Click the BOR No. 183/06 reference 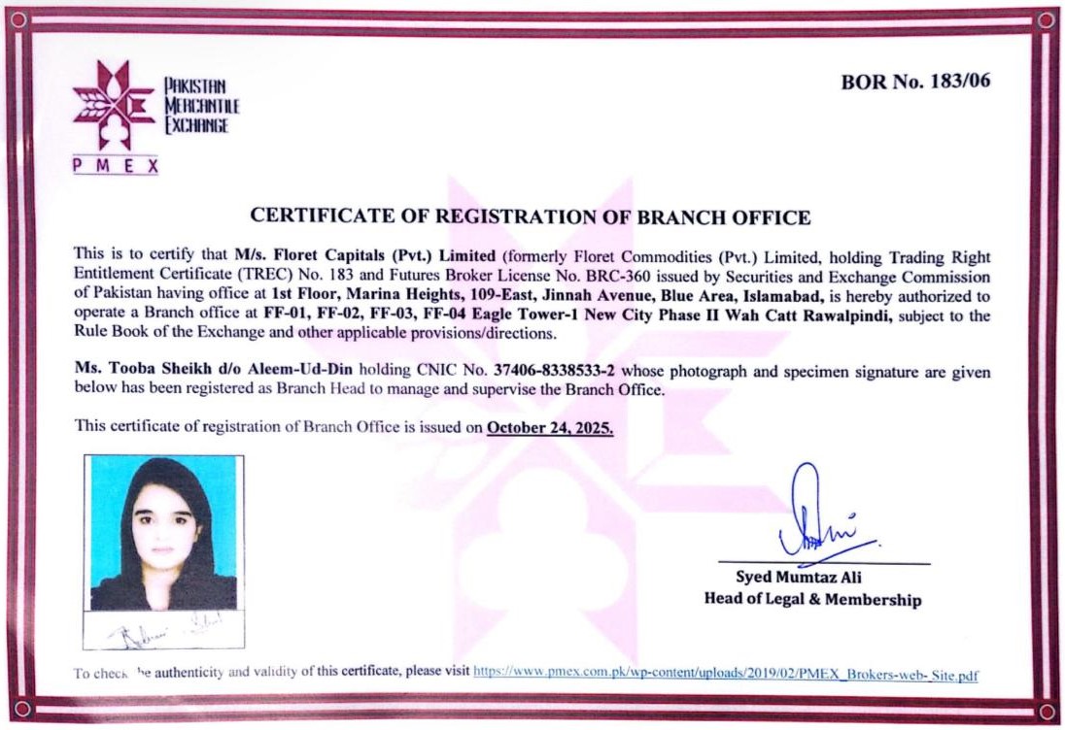point(915,82)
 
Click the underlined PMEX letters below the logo point(115,166)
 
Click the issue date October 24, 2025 point(550,426)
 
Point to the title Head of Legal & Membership point(812,600)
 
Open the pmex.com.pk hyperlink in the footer point(725,673)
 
